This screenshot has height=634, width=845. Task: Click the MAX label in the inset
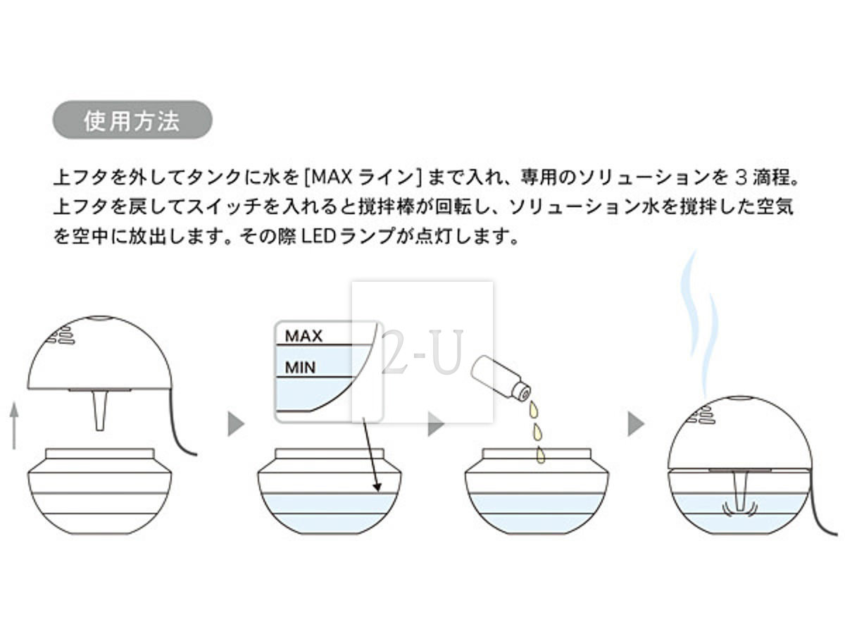pyautogui.click(x=303, y=335)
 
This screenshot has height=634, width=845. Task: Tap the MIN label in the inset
pyautogui.click(x=300, y=367)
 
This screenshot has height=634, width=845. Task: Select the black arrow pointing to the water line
pyautogui.click(x=370, y=454)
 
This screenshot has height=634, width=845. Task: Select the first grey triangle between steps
pyautogui.click(x=237, y=424)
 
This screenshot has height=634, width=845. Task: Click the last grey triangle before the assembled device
pyautogui.click(x=636, y=424)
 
